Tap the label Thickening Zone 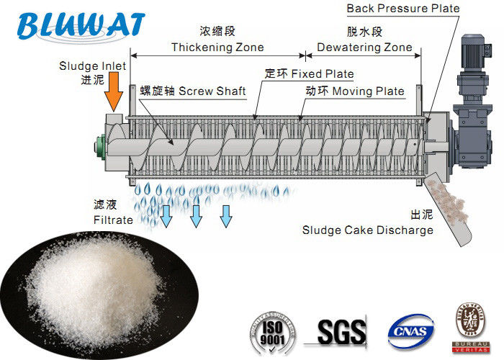[x=217, y=48]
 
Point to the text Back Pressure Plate [x=402, y=9]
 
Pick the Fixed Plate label [x=309, y=74]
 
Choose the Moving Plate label [x=351, y=91]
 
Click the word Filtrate [x=113, y=219]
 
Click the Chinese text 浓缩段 [x=217, y=32]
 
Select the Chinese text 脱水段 [x=359, y=32]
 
